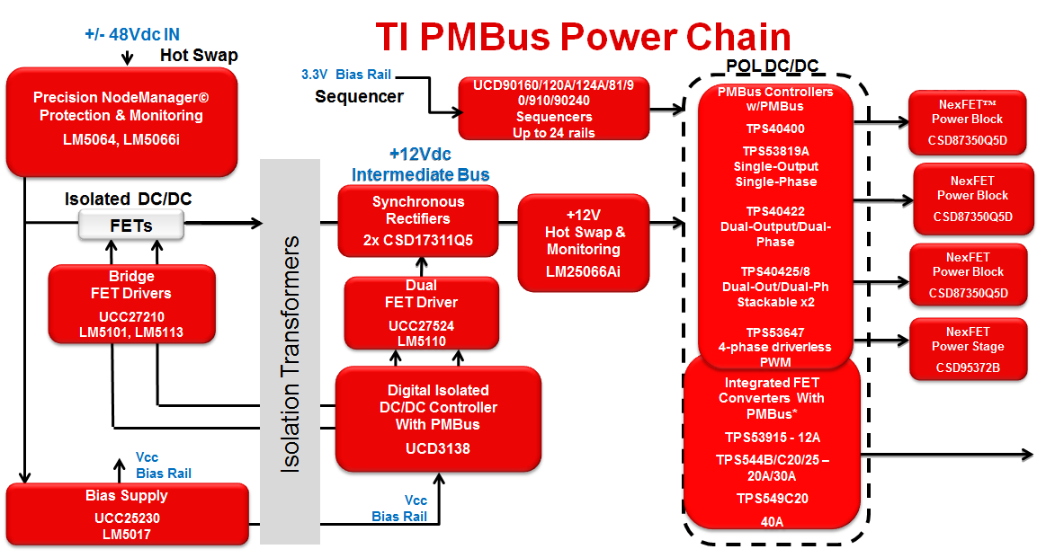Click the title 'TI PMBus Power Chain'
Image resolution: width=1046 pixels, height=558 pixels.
582,37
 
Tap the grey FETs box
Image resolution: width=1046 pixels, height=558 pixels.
130,226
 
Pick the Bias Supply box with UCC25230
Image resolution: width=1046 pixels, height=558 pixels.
127,514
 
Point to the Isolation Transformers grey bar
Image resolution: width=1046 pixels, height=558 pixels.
290,352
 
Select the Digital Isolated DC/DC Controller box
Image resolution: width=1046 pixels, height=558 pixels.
438,420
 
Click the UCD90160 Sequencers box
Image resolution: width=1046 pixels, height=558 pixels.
554,109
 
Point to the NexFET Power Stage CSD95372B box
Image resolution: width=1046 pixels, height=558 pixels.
968,348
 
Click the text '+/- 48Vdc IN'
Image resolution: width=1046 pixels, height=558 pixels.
131,35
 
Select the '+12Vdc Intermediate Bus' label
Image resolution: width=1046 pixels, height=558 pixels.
420,164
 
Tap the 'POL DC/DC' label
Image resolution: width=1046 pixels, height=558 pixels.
773,66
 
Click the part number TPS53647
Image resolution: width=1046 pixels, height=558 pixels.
775,331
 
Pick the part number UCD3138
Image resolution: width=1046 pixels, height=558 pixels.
438,449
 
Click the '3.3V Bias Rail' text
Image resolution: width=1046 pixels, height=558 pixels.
346,75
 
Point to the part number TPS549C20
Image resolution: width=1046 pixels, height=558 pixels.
773,498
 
